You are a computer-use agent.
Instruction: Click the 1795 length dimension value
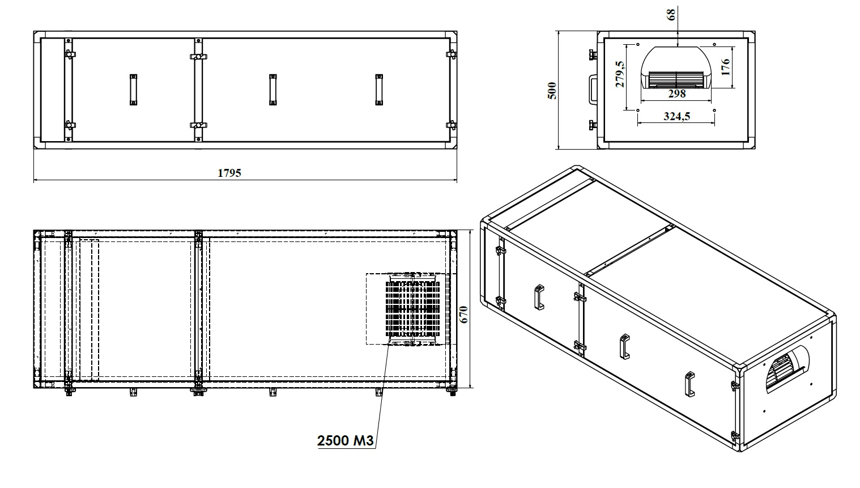coord(229,173)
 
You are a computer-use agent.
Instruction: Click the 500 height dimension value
coord(552,91)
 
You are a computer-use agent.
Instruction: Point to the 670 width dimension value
coord(463,315)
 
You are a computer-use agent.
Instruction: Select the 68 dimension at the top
coord(671,15)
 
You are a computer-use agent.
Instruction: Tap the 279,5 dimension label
coord(619,74)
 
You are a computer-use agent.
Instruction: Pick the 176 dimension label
coord(725,67)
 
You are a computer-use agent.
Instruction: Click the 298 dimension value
coord(676,94)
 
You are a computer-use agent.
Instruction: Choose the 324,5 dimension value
coord(676,116)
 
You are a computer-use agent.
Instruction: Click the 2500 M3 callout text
coord(345,440)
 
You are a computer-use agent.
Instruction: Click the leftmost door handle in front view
coord(133,90)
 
